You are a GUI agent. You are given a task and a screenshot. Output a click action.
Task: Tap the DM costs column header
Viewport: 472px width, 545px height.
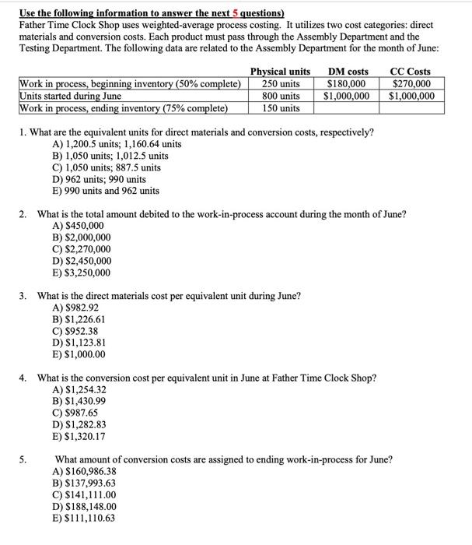[348, 72]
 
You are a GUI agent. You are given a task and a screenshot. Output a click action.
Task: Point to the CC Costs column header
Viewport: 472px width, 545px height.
[411, 72]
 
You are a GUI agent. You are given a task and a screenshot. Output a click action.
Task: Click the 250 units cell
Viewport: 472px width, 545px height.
[281, 83]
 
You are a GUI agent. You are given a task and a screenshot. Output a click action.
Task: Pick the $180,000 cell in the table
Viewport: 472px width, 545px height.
[348, 83]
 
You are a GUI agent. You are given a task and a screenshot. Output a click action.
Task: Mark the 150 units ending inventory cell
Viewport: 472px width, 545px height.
[281, 107]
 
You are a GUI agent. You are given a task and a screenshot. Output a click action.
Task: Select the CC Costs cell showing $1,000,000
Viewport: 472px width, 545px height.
[411, 96]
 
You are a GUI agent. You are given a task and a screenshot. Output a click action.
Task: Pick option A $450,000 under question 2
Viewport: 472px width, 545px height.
[81, 226]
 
